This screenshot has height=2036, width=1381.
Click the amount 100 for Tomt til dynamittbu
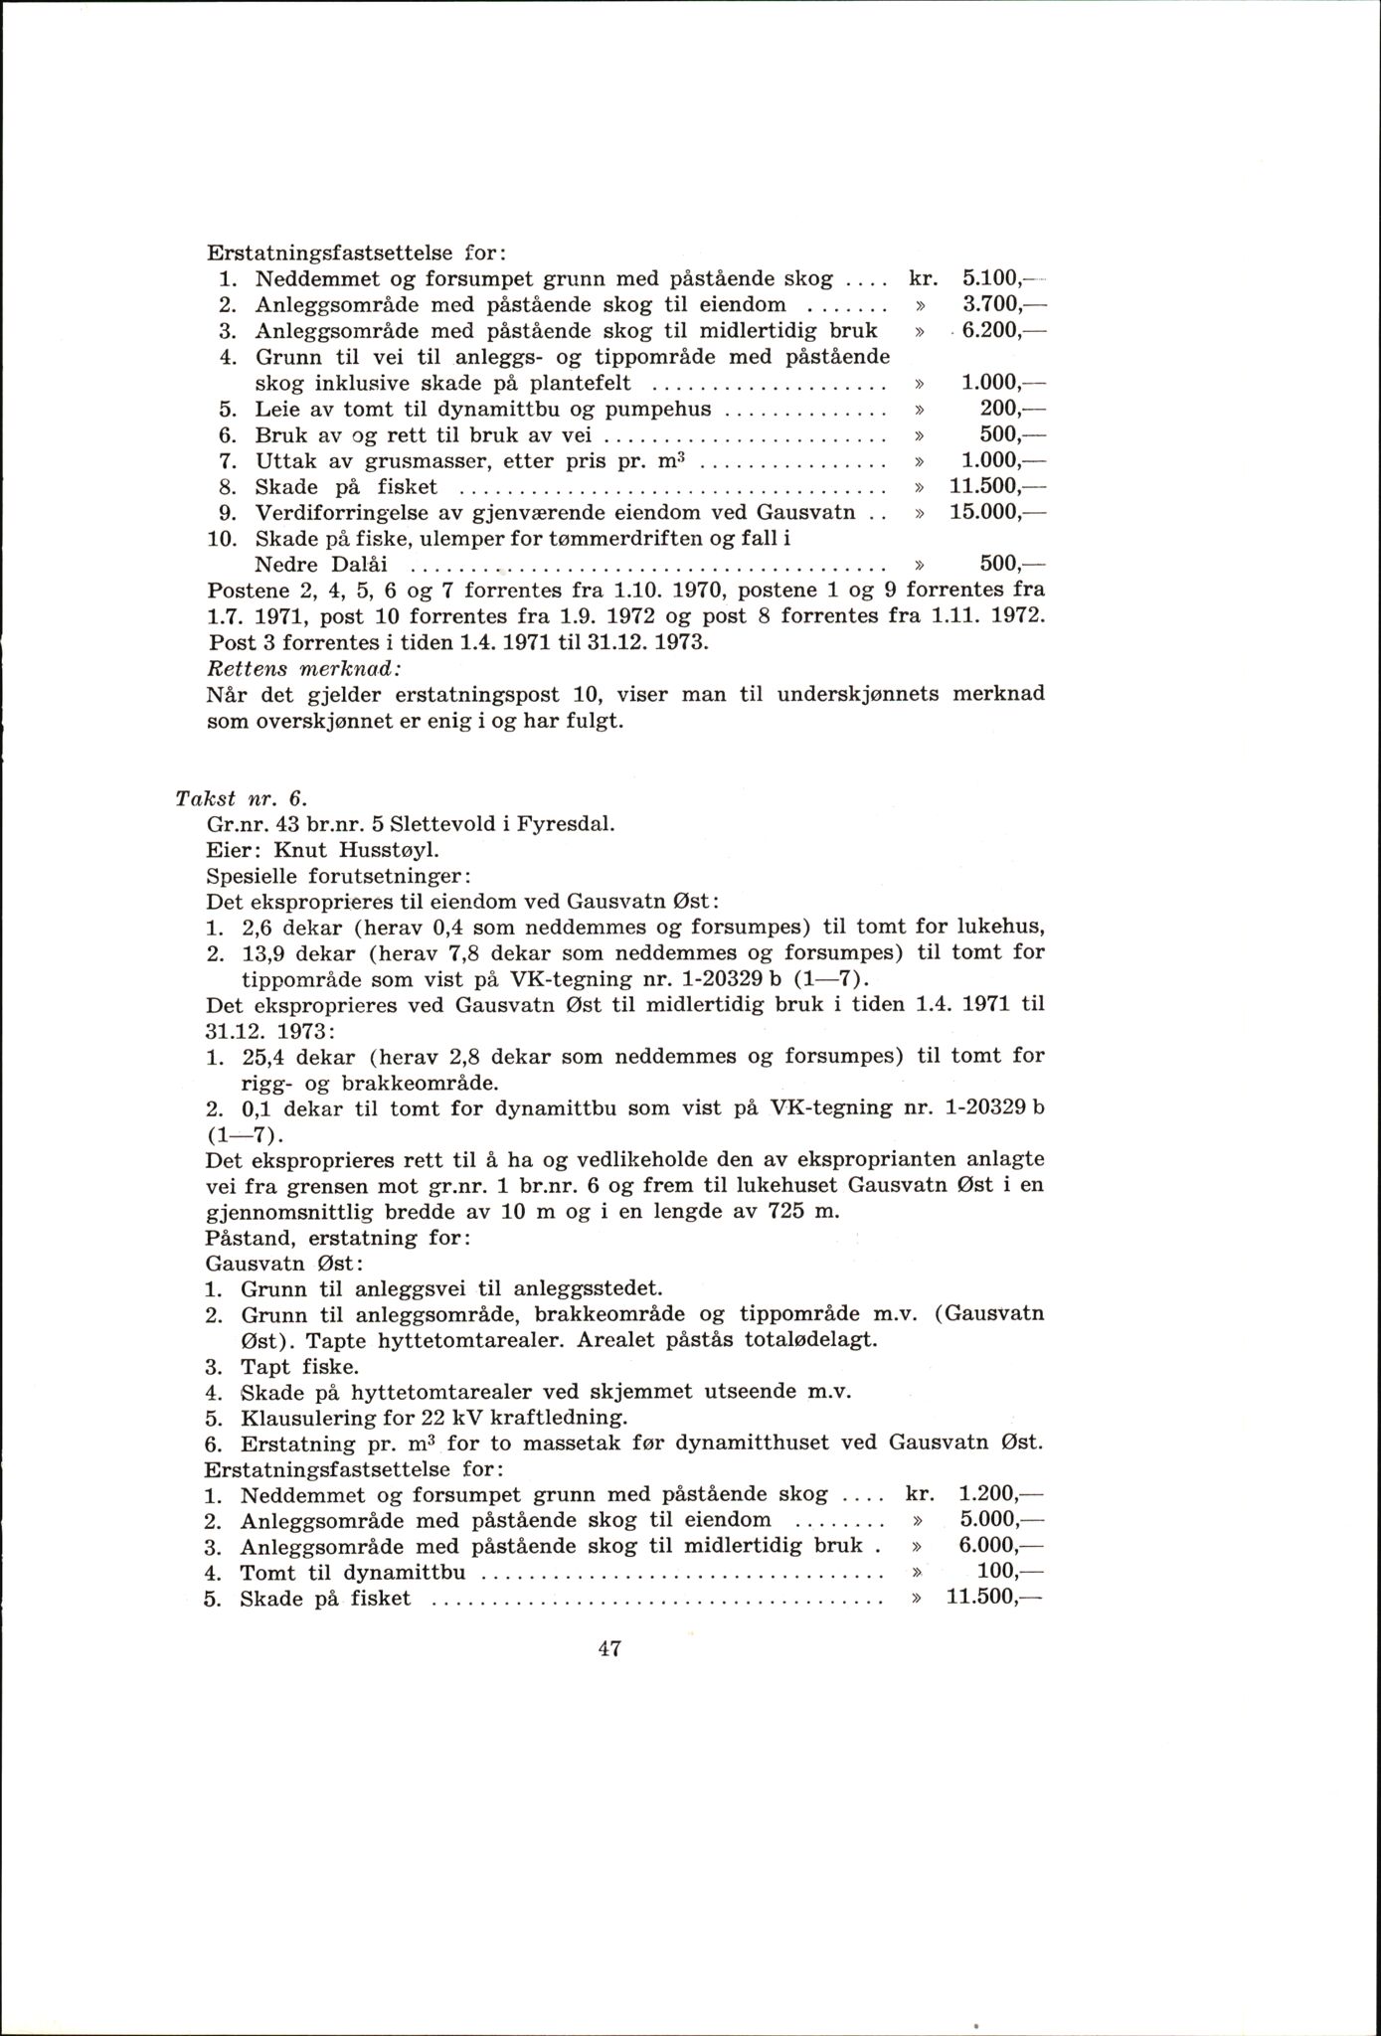[998, 1572]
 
